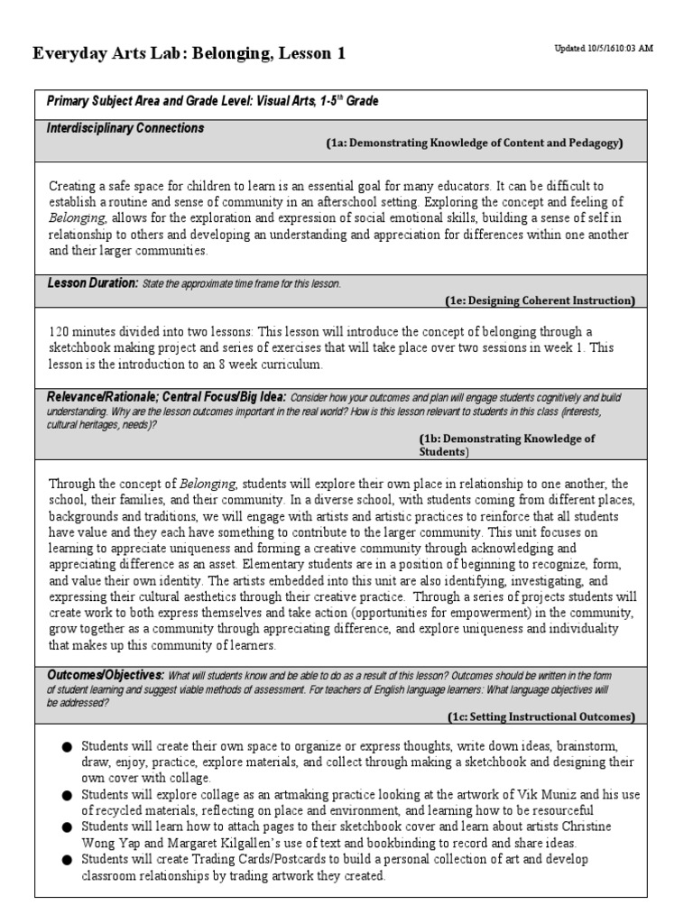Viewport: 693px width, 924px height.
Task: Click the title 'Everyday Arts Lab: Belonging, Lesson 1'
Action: coord(189,55)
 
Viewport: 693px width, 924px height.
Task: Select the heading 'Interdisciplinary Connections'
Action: coord(125,128)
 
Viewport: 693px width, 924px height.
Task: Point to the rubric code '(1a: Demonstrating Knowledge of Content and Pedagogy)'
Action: coord(474,143)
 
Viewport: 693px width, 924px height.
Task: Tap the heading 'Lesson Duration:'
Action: coord(92,283)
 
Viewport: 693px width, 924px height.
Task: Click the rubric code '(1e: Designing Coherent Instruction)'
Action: coord(540,300)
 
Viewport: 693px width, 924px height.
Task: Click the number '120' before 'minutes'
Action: coord(60,332)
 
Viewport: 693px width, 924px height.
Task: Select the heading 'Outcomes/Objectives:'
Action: coord(105,675)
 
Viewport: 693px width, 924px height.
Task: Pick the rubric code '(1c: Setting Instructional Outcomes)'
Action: coord(541,716)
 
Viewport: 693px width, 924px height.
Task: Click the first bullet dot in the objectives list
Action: coord(66,747)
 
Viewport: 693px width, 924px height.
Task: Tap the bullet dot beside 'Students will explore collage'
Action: coord(66,795)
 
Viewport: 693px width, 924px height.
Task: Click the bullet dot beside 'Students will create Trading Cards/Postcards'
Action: coord(66,860)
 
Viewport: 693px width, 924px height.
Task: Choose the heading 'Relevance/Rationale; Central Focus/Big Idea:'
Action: coord(166,398)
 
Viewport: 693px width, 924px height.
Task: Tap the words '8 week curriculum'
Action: coord(271,365)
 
